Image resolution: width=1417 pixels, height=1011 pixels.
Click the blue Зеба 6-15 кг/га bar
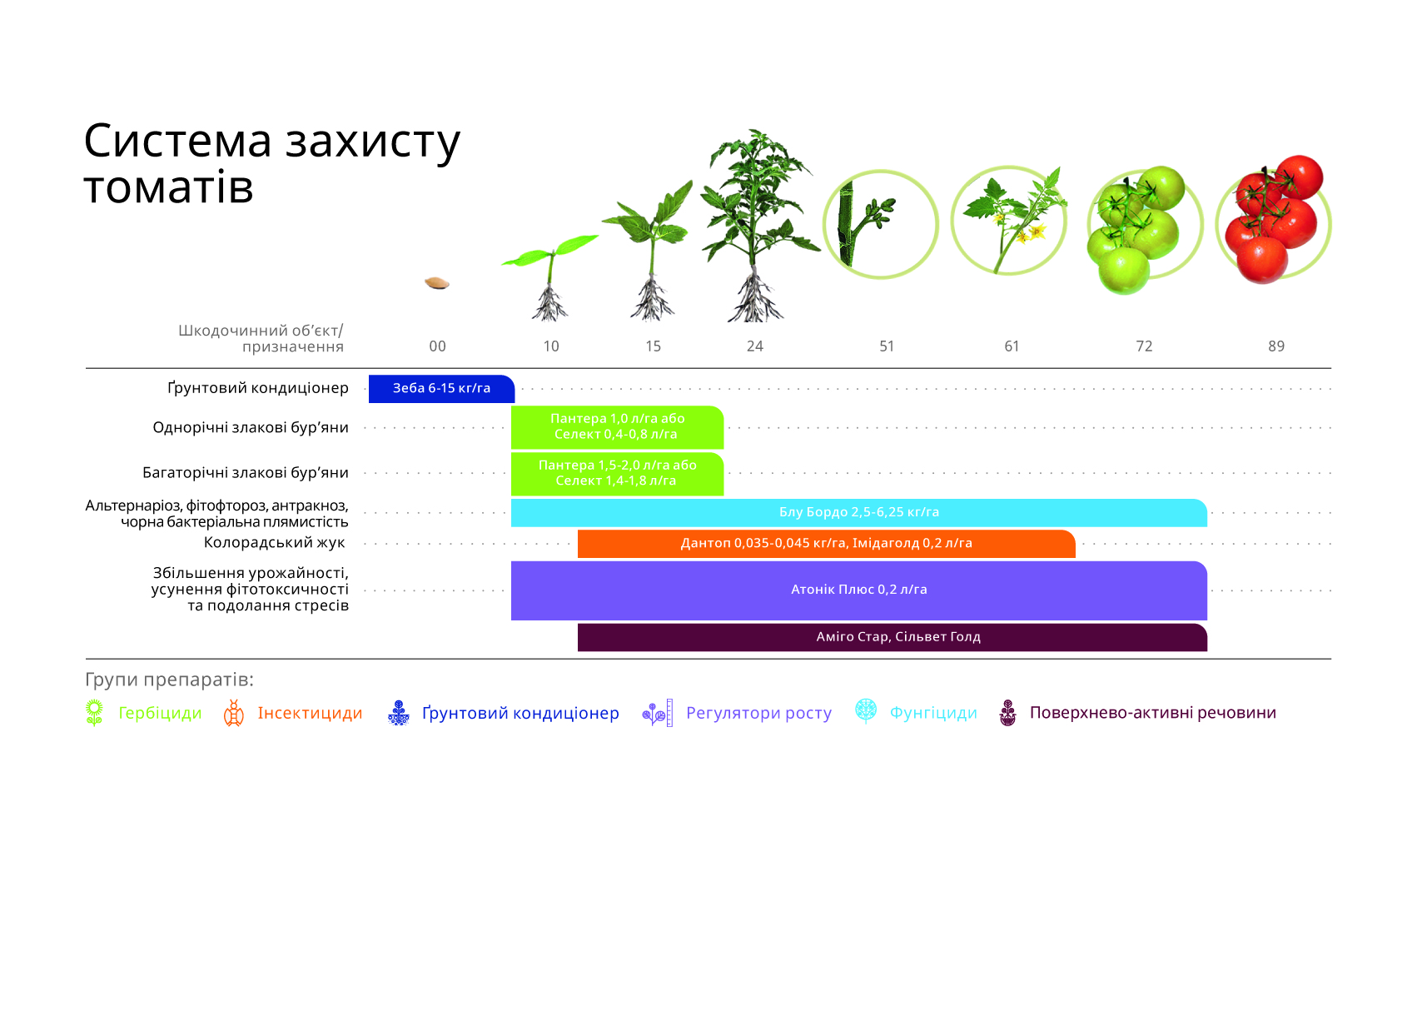(x=441, y=388)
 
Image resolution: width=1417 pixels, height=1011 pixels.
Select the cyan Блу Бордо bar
(x=859, y=512)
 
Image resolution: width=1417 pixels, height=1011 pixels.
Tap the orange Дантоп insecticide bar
(x=826, y=544)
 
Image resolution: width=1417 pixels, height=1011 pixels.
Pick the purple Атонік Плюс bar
(x=859, y=590)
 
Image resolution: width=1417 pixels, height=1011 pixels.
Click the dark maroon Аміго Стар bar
(x=892, y=637)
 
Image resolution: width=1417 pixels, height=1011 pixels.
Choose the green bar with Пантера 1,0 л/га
(x=618, y=427)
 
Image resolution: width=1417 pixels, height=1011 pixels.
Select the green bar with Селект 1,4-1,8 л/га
(x=618, y=474)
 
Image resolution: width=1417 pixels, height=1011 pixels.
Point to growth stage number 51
(x=887, y=346)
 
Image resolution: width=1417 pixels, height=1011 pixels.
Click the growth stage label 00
(x=437, y=346)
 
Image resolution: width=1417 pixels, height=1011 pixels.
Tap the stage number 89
(x=1276, y=346)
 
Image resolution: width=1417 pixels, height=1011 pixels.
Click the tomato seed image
(x=437, y=283)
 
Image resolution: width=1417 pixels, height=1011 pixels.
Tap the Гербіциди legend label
(x=160, y=713)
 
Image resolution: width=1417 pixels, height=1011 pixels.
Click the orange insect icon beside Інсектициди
(x=233, y=713)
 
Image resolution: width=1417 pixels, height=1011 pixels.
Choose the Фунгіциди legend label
(x=933, y=713)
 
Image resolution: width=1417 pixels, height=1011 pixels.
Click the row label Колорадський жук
(x=275, y=543)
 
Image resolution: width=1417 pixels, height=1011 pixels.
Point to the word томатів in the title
(x=168, y=187)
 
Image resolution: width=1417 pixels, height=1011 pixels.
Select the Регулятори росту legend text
(x=758, y=713)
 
